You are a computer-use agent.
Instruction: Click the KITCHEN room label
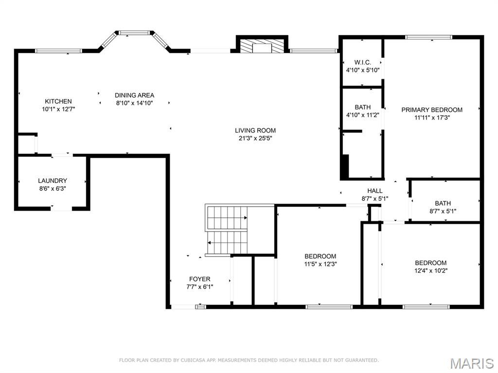(58, 101)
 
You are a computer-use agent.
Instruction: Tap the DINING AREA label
(135, 95)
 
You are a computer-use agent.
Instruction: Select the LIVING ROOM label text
(255, 130)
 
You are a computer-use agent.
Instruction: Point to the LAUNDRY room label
(53, 181)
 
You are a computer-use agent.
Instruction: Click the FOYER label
(200, 279)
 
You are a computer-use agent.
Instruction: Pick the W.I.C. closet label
(362, 62)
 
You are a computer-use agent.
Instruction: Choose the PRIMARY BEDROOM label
(432, 110)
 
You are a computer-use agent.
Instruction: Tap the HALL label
(375, 191)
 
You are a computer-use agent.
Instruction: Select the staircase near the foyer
(227, 230)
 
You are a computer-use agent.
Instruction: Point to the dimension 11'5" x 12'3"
(320, 264)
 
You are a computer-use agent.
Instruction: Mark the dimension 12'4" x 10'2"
(431, 270)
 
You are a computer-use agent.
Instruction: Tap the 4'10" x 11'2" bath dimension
(362, 115)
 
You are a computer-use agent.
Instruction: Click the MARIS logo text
(472, 363)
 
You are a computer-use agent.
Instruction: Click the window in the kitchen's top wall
(59, 50)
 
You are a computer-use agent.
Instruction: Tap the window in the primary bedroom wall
(428, 37)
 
